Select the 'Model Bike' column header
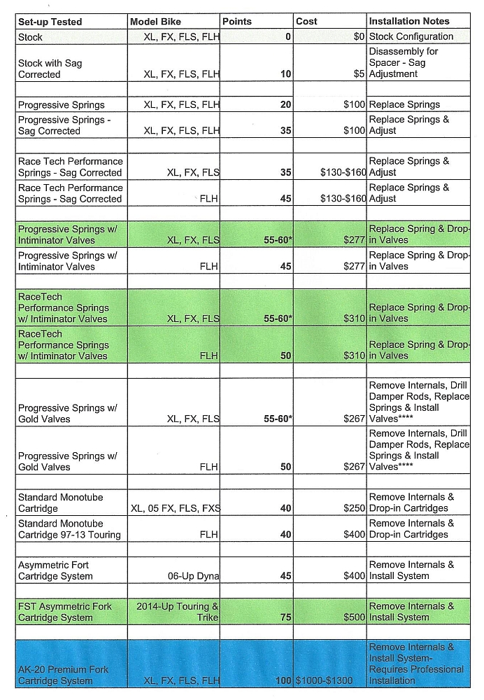(155, 22)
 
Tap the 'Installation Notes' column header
(409, 22)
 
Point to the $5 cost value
(360, 74)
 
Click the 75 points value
(285, 618)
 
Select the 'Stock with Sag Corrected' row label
(50, 69)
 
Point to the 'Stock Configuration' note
(411, 36)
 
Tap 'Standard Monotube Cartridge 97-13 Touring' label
(69, 529)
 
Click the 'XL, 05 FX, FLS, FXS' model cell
(175, 509)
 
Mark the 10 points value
(285, 74)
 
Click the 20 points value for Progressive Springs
(285, 105)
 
